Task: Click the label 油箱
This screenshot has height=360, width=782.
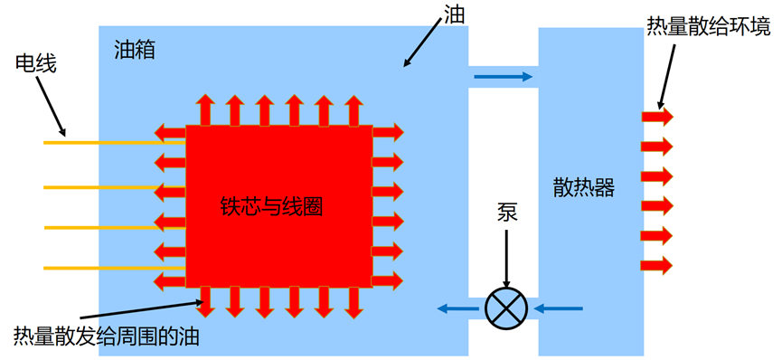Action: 135,50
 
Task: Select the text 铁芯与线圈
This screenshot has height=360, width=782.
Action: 271,206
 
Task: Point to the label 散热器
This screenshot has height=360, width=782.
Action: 584,187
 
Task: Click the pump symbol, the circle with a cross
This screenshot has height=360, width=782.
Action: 506,309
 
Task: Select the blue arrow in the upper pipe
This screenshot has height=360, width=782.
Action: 503,77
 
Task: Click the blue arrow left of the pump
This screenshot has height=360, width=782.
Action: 457,309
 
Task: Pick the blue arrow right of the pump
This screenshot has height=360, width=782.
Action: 561,309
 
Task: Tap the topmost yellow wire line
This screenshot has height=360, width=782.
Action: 113,142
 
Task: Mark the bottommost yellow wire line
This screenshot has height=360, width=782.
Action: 113,268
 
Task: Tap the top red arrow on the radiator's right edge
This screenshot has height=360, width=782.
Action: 657,117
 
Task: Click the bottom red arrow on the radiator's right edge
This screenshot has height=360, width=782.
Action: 657,265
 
